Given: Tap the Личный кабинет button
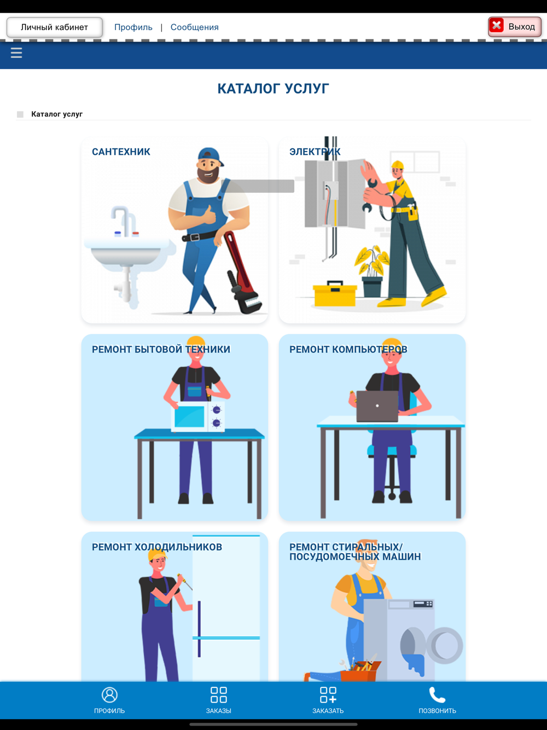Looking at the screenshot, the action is click(55, 27).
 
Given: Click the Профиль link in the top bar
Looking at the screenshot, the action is click(133, 27).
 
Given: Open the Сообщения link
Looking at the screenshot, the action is click(194, 27).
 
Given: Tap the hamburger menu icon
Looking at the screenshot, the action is click(16, 53).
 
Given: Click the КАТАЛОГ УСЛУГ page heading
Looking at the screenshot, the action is click(273, 89).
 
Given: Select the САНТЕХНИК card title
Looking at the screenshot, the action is click(121, 152).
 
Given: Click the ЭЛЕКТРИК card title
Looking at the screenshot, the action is click(315, 152).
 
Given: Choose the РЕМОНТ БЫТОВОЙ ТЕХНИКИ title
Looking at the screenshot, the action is click(161, 349).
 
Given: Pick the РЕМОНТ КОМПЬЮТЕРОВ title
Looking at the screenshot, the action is click(348, 349).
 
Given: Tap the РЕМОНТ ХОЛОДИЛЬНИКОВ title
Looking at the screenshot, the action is click(157, 547).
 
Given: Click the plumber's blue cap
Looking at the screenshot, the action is click(210, 155).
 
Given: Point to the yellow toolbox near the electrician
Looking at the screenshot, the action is click(335, 293).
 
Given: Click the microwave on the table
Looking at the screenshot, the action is click(198, 416).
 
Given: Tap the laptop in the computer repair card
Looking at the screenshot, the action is click(377, 406).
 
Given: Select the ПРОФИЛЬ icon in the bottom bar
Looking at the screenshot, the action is click(109, 695).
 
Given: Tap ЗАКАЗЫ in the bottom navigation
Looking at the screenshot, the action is click(219, 700).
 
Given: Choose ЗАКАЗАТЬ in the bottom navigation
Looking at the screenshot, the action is click(328, 700).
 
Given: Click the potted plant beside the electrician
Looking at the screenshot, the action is click(372, 271).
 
